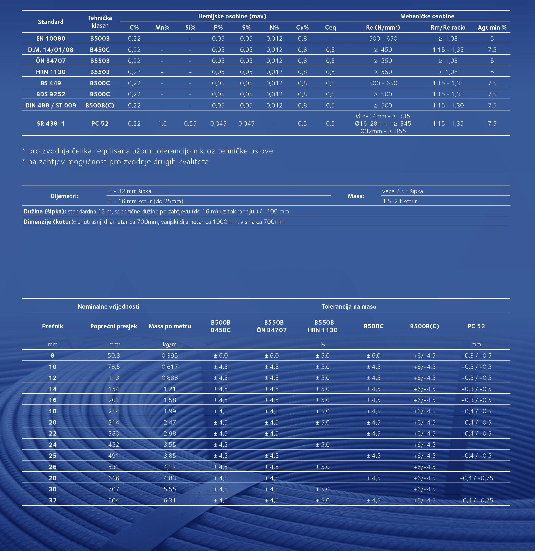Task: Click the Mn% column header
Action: [162, 28]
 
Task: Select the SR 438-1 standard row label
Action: [50, 123]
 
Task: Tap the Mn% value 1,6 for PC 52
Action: [162, 123]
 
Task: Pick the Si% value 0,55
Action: [190, 123]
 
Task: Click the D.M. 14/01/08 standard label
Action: [50, 50]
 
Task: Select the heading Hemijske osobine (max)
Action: [232, 16]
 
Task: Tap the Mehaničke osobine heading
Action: [427, 16]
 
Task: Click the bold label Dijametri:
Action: [64, 196]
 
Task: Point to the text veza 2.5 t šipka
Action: [402, 191]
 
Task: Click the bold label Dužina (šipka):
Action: [45, 212]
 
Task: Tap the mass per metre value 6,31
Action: [170, 500]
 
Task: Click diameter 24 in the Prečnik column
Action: [53, 445]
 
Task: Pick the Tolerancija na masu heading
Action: [349, 306]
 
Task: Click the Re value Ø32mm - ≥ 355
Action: [383, 131]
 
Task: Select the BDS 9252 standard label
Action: [50, 94]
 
